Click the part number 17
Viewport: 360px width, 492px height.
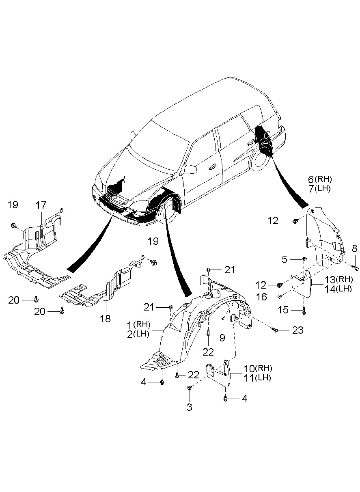(x=41, y=205)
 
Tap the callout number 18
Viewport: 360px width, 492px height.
(x=105, y=319)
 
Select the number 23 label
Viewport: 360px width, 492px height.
(x=297, y=330)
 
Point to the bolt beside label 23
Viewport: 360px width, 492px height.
(x=276, y=330)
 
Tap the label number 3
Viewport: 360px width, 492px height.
(x=190, y=407)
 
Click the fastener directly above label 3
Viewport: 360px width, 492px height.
(x=190, y=388)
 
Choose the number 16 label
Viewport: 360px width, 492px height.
(x=262, y=297)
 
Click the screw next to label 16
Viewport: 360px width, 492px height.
(x=280, y=297)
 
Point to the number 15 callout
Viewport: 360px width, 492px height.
(x=283, y=310)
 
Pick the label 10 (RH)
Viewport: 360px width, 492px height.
(x=258, y=369)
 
